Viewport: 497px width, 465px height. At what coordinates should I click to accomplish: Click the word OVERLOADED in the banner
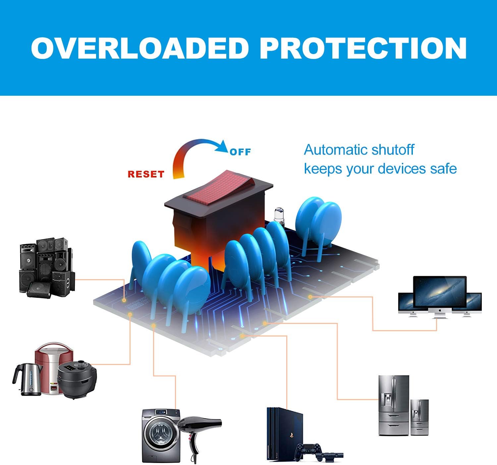point(140,48)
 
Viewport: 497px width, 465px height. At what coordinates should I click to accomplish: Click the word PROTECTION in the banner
point(363,48)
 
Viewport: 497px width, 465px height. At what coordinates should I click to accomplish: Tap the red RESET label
point(146,174)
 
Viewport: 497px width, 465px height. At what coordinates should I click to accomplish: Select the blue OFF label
point(240,152)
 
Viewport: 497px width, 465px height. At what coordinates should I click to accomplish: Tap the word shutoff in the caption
point(393,150)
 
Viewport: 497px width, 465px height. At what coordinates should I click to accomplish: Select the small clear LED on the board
point(279,215)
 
